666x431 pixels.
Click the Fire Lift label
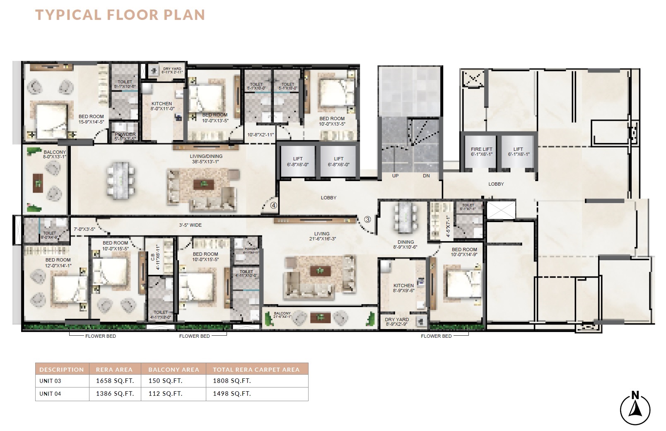tap(481, 151)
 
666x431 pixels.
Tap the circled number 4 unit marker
tap(273, 205)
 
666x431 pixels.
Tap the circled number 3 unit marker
tap(367, 219)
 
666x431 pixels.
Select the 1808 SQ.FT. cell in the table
tap(232, 381)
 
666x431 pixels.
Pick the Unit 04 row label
tap(50, 394)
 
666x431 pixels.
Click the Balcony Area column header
tap(174, 369)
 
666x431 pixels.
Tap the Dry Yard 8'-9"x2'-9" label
tap(397, 322)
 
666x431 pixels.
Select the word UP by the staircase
tap(395, 176)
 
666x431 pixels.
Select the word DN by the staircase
tap(426, 176)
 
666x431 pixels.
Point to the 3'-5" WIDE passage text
tap(190, 225)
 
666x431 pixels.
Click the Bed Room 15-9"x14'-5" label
tap(91, 119)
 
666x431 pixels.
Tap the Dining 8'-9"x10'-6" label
tap(405, 245)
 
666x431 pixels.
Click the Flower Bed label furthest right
tap(436, 336)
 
